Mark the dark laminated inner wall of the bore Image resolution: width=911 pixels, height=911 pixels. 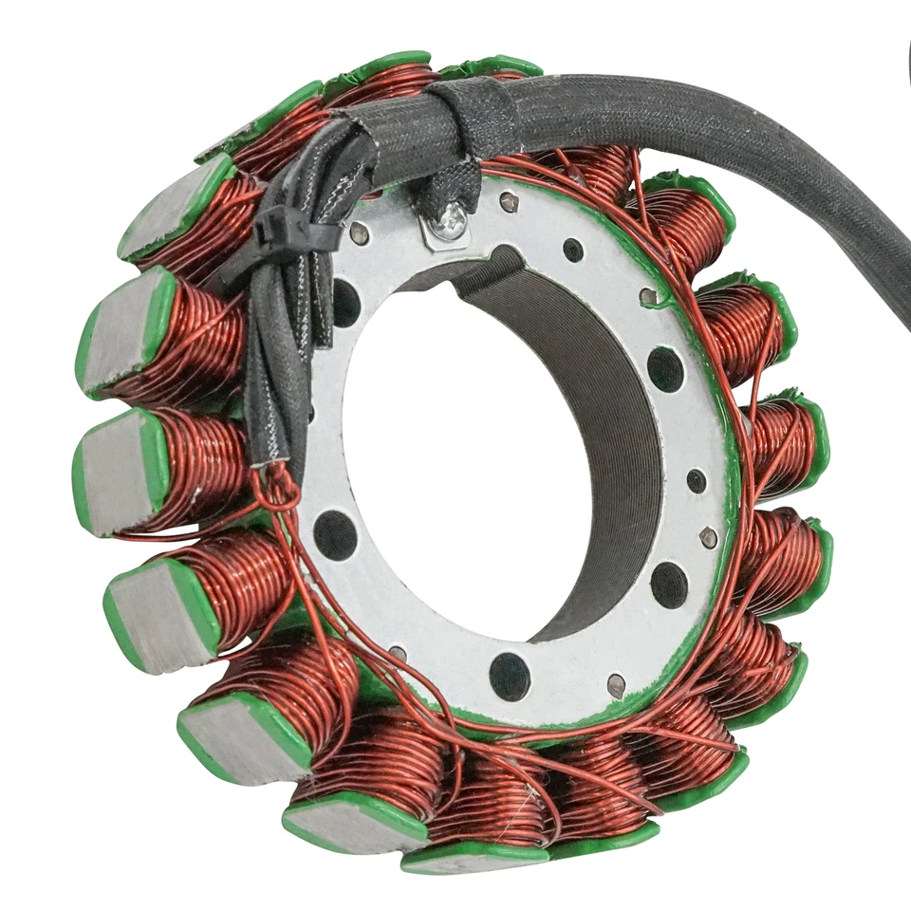[607, 427]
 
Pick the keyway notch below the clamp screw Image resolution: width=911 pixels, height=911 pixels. [503, 262]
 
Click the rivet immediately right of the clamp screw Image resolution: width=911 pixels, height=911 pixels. [510, 201]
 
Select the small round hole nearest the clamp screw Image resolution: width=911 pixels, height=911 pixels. [573, 250]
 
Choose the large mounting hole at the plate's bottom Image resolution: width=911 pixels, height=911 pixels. [510, 676]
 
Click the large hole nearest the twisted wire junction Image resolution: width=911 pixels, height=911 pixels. [335, 534]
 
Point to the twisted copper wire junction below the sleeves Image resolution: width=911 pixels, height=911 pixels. [278, 479]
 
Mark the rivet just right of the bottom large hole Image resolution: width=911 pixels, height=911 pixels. [616, 685]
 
